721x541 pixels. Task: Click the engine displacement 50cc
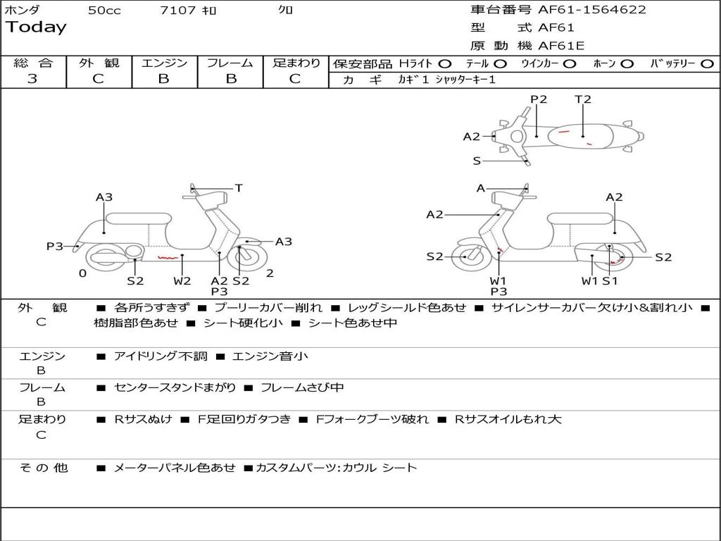click(104, 11)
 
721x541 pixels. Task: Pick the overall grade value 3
click(32, 79)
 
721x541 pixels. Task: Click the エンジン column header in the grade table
click(164, 63)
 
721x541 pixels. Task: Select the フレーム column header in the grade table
click(230, 63)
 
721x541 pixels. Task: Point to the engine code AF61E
click(561, 46)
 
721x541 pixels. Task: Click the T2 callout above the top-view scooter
click(583, 99)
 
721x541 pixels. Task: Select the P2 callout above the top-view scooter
click(539, 99)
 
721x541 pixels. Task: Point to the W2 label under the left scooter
click(182, 281)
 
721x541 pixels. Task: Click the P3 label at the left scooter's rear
click(55, 246)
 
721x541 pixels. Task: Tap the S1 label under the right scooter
click(610, 281)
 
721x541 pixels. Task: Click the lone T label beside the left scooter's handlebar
click(239, 188)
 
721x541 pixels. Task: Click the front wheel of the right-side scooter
click(465, 257)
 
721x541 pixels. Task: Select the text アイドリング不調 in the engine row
click(161, 356)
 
